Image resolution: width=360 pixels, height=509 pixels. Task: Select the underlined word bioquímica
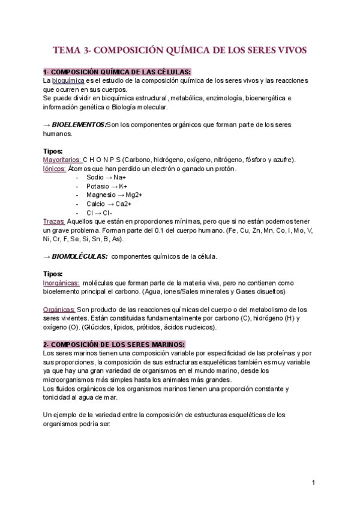[x=68, y=80]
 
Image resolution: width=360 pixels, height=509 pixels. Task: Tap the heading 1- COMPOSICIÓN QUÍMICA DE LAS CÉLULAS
[x=117, y=72]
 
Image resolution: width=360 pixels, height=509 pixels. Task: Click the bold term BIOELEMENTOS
[x=78, y=124]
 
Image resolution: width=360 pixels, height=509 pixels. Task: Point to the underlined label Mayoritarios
[x=62, y=160]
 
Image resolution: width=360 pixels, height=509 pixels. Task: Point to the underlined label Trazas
[x=54, y=221]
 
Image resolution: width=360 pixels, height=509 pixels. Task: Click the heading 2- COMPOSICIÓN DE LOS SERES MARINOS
[x=114, y=344]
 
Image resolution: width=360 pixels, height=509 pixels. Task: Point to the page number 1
[x=313, y=483]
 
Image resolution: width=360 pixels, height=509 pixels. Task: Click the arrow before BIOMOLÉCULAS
[x=47, y=256]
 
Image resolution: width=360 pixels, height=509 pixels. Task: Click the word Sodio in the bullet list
[x=95, y=178]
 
